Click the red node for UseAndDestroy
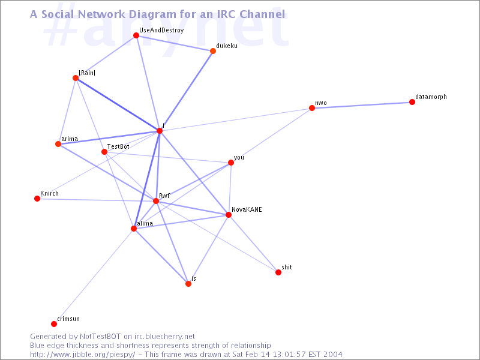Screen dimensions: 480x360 pyautogui.click(x=136, y=35)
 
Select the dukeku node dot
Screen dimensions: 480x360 pyautogui.click(x=213, y=51)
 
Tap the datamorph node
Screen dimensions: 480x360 pyautogui.click(x=412, y=102)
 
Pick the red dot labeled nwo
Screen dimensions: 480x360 pyautogui.click(x=312, y=108)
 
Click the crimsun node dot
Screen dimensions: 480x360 pyautogui.click(x=54, y=324)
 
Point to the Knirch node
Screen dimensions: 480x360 pyautogui.click(x=37, y=199)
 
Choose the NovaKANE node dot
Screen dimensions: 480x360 pyautogui.click(x=229, y=215)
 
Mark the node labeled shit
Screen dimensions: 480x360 pyautogui.click(x=278, y=272)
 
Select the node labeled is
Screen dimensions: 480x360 pyautogui.click(x=188, y=284)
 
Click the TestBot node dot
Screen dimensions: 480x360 pyautogui.click(x=104, y=152)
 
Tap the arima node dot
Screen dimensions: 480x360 pyautogui.click(x=58, y=144)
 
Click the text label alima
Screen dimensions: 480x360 pyautogui.click(x=145, y=223)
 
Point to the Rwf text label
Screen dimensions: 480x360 pyautogui.click(x=164, y=196)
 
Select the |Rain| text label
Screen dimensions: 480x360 pyautogui.click(x=87, y=73)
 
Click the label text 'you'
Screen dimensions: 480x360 pyautogui.click(x=239, y=157)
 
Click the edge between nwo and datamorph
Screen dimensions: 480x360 pyautogui.click(x=362, y=105)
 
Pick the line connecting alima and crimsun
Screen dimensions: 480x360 pyautogui.click(x=94, y=276)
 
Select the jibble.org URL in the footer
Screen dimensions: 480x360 pyautogui.click(x=82, y=355)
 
